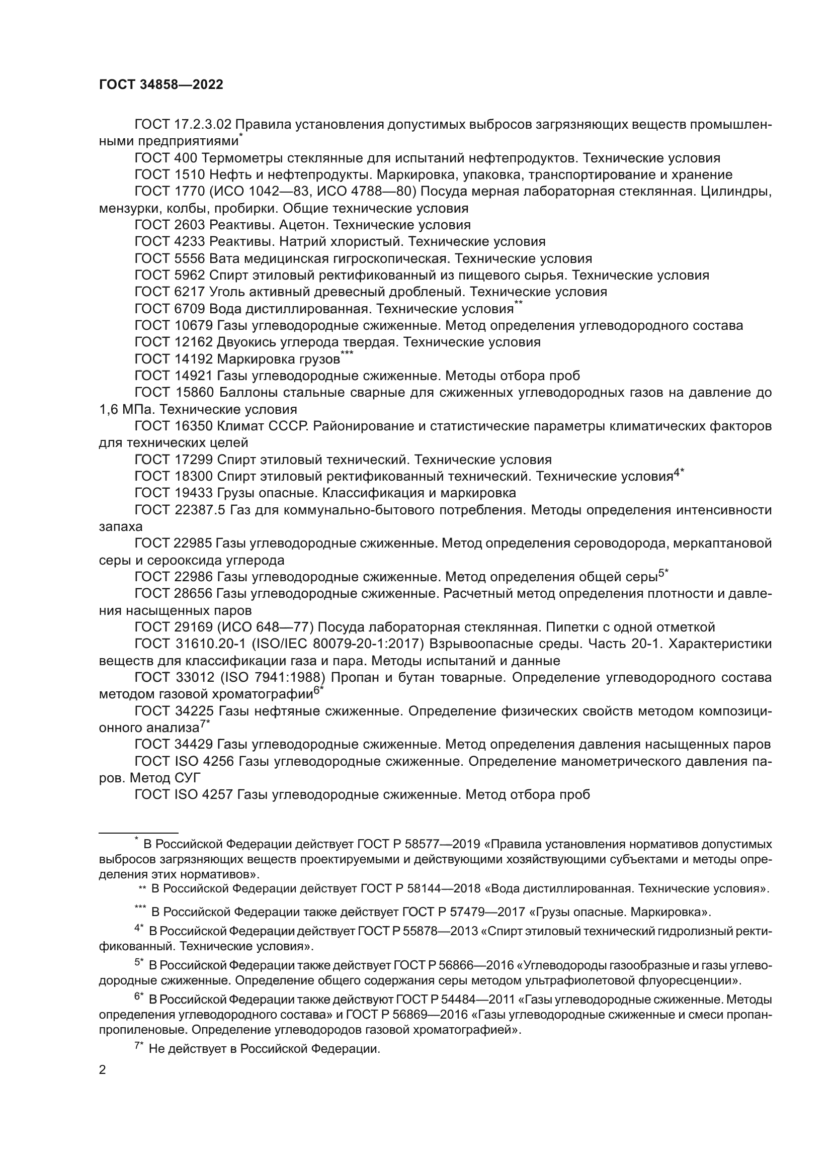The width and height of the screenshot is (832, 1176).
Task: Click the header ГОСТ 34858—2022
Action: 161,85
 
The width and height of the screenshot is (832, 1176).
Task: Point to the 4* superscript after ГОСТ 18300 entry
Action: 679,473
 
